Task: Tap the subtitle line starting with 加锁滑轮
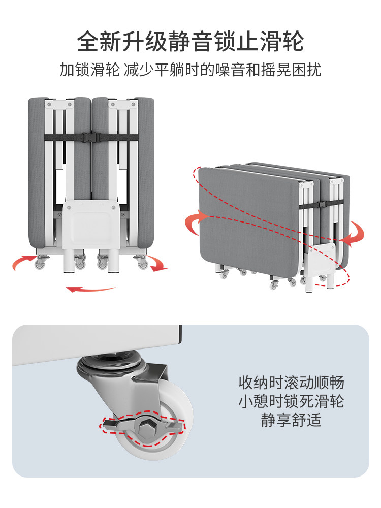coord(190,70)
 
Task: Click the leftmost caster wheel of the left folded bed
coord(40,264)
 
